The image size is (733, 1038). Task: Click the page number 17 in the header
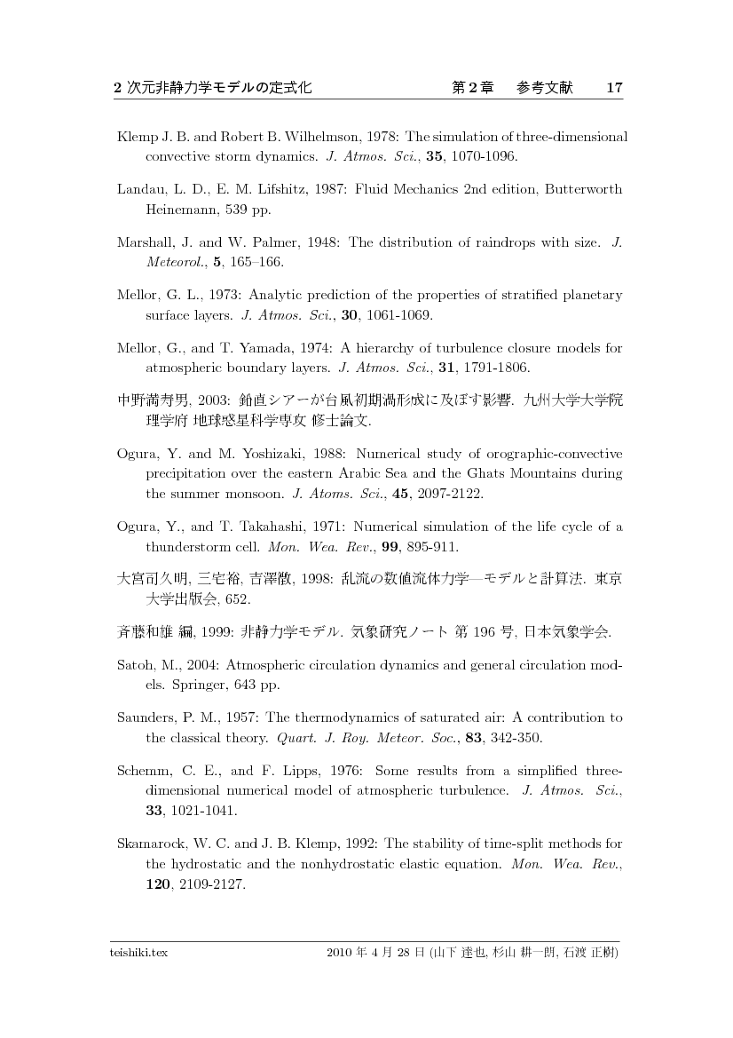coord(614,88)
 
